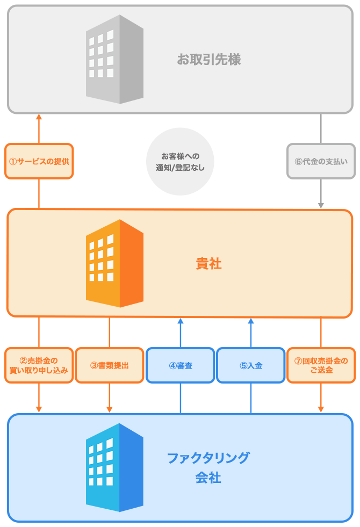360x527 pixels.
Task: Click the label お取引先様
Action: [x=208, y=59]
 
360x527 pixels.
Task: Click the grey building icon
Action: [x=114, y=59]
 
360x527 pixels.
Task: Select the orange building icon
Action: [x=114, y=263]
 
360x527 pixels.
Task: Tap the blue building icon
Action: [x=114, y=467]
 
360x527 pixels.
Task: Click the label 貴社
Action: [x=208, y=264]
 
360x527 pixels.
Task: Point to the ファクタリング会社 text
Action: [x=208, y=467]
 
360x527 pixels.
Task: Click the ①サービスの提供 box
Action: [x=39, y=161]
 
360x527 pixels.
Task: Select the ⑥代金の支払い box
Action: [x=321, y=161]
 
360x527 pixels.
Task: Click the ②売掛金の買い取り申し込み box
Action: [x=39, y=365]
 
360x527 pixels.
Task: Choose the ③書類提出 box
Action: [x=110, y=365]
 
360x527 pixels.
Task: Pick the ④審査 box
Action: [x=181, y=365]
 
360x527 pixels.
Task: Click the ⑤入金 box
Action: [x=251, y=365]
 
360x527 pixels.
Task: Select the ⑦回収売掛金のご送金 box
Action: [x=321, y=365]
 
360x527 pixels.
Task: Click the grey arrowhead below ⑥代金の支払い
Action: [x=321, y=205]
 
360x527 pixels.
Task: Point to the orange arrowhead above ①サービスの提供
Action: [x=39, y=117]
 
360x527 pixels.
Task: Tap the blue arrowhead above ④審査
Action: [x=181, y=321]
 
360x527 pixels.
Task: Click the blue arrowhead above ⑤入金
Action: [x=251, y=321]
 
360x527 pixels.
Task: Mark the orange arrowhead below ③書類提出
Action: [x=110, y=409]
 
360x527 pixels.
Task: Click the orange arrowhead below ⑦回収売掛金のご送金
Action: [x=321, y=409]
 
